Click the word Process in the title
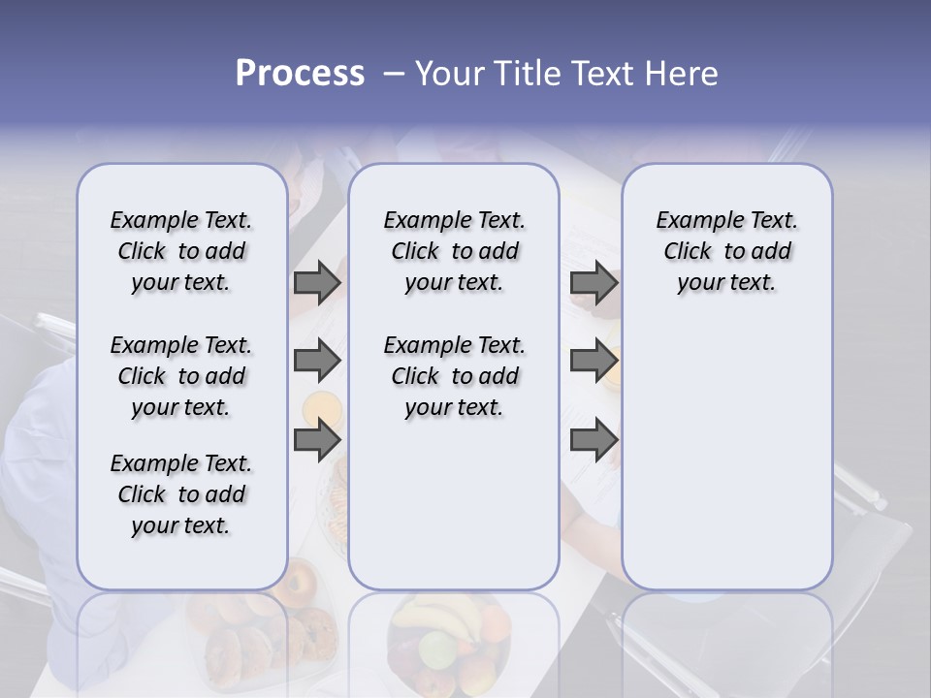tap(300, 74)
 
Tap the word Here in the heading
tap(683, 74)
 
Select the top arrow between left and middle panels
tap(317, 282)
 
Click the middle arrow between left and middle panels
tap(317, 361)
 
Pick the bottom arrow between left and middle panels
tap(317, 440)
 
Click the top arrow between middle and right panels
tap(594, 282)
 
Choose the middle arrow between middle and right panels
tap(594, 361)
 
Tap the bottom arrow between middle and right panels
tap(594, 440)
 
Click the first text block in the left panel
tap(181, 251)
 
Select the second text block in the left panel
tap(181, 376)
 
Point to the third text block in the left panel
tap(181, 494)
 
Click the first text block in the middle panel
tap(454, 251)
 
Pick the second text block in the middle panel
tap(454, 376)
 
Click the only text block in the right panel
tap(726, 251)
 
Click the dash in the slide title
tap(393, 74)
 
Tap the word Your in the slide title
tap(449, 74)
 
